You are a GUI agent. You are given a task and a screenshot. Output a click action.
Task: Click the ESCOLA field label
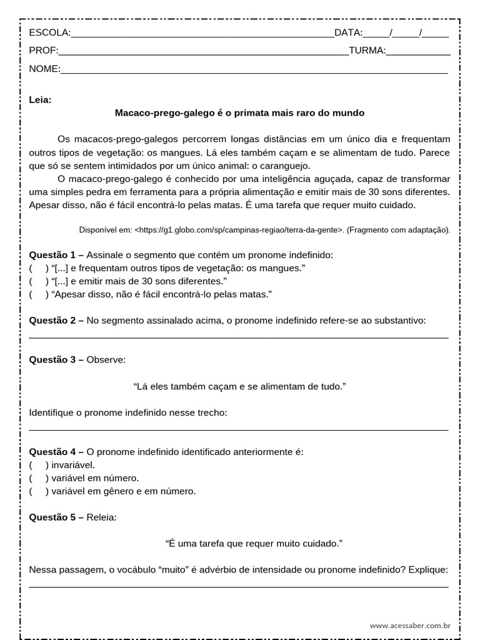(x=49, y=33)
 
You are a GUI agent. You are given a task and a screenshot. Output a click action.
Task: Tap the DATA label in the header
(x=348, y=33)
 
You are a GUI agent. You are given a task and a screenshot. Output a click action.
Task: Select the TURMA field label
(x=367, y=51)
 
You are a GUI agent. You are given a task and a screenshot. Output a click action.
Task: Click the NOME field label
(x=44, y=69)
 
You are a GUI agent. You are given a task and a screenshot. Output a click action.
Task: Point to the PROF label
(x=43, y=51)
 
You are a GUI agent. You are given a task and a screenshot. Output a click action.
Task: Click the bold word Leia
(x=40, y=99)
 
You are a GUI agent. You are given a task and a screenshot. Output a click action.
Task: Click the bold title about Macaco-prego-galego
(x=239, y=113)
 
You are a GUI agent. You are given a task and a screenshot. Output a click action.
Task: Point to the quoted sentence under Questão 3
(x=239, y=386)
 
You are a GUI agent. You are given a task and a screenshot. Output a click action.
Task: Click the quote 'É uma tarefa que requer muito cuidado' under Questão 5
(x=254, y=544)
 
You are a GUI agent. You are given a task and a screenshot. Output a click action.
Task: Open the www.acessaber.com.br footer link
(x=410, y=625)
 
